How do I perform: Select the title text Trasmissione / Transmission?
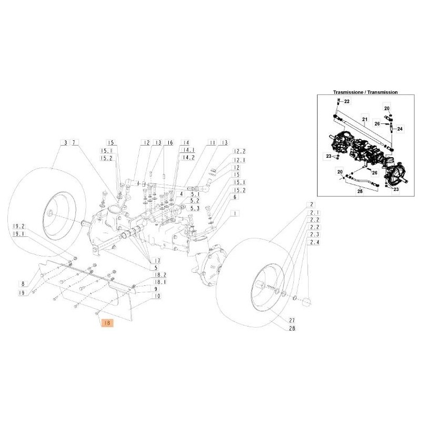366,92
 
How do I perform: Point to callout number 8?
23,283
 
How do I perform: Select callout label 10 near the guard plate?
157,296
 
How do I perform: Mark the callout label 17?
157,261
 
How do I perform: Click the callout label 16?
169,143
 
